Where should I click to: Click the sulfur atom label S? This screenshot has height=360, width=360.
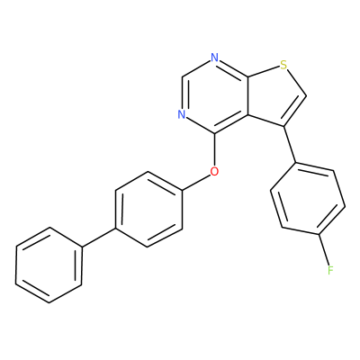(x=283, y=64)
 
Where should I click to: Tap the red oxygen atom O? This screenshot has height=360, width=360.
(x=214, y=172)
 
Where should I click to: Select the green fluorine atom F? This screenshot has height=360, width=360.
(x=330, y=270)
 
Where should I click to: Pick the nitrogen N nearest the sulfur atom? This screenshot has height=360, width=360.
(x=214, y=58)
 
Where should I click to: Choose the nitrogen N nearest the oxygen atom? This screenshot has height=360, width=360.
(x=181, y=114)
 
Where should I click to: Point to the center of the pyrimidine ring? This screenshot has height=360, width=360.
(x=214, y=95)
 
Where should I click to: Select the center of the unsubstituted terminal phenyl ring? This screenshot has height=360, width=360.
(x=49, y=265)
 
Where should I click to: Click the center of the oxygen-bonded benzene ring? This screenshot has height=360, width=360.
(x=149, y=209)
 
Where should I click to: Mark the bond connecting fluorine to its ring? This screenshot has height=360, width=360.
(x=325, y=250)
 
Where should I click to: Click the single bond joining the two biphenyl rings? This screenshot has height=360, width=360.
(x=99, y=238)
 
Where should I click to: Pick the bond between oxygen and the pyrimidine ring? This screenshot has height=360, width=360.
(x=214, y=150)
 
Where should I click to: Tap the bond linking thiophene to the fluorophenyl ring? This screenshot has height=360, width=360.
(x=290, y=145)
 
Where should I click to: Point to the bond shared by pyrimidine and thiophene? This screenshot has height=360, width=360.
(x=247, y=95)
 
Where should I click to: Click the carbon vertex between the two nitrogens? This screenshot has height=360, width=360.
(x=181, y=76)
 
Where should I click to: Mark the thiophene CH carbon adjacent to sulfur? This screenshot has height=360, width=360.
(x=306, y=96)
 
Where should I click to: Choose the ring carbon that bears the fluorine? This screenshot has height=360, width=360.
(x=319, y=234)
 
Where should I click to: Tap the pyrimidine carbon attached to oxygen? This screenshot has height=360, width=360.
(x=214, y=133)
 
